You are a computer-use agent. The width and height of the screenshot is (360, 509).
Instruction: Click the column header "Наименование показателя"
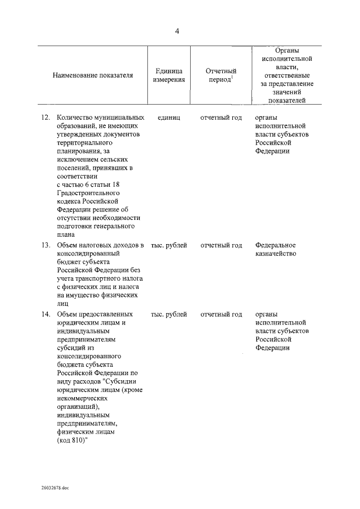(93, 75)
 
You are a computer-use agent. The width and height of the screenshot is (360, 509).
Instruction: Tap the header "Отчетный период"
(221, 75)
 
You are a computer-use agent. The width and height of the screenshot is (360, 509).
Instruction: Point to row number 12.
(46, 118)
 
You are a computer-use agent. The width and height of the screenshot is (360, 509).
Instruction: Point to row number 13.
(46, 245)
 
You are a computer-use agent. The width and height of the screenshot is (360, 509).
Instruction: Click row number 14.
(46, 314)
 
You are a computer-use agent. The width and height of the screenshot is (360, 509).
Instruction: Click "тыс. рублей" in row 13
(169, 245)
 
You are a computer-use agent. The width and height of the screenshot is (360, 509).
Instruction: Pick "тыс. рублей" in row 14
(169, 314)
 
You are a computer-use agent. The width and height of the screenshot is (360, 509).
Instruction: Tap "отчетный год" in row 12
(221, 118)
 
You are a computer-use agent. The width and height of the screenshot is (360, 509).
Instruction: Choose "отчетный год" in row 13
(221, 245)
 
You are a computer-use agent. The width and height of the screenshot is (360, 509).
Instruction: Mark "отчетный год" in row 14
(221, 314)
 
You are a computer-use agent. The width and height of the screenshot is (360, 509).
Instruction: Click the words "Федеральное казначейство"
(276, 249)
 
